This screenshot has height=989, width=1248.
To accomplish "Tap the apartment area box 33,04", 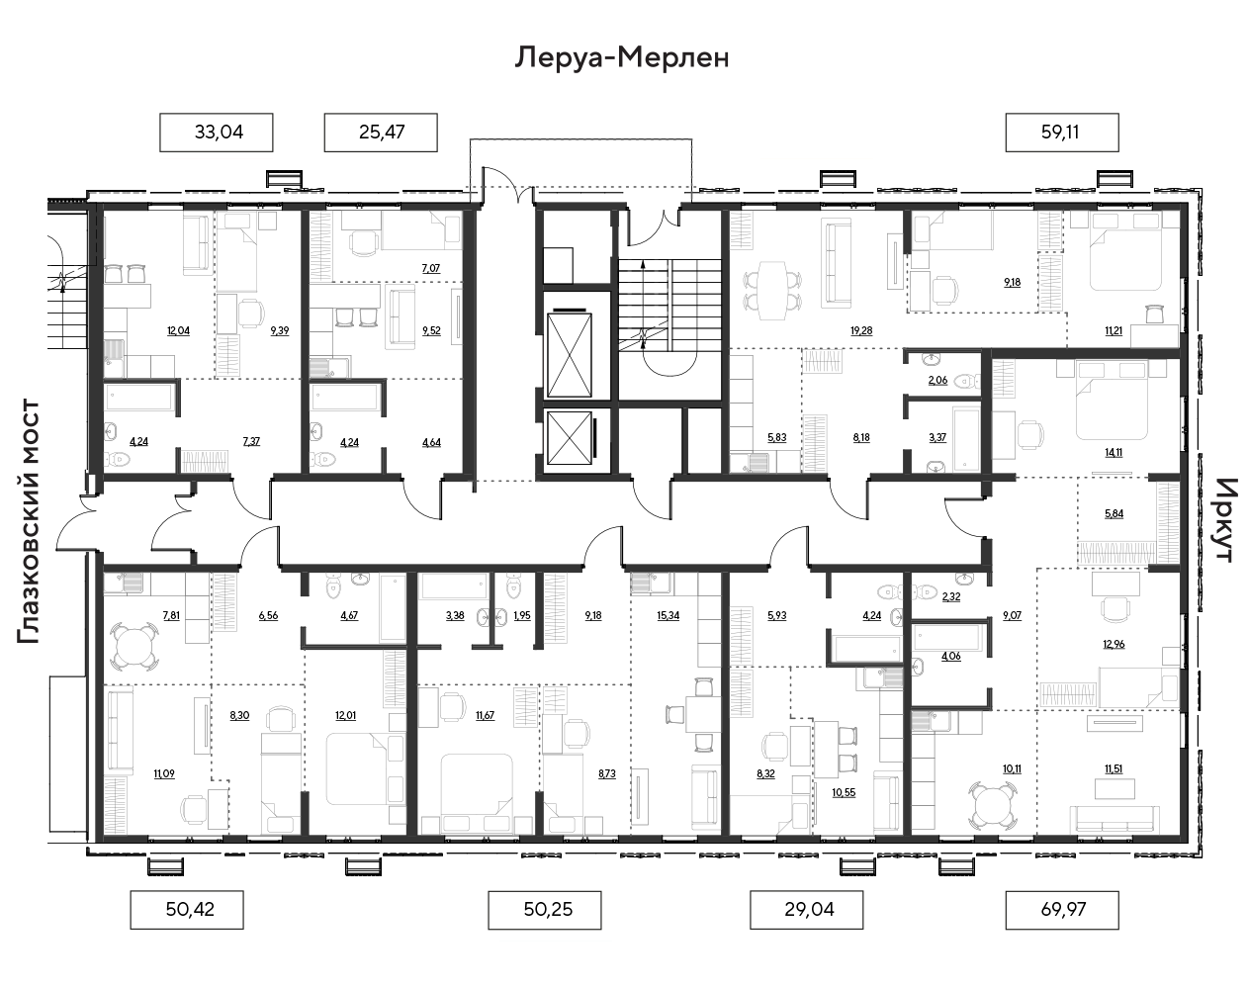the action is (217, 133).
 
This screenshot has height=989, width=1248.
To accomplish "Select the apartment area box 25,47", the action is (381, 133).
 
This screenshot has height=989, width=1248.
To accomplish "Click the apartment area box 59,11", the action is (1062, 133).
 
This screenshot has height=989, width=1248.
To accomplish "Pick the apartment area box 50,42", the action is (187, 910).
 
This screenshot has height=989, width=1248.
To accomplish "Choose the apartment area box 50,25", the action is (545, 910).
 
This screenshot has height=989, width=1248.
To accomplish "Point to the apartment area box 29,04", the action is (806, 910).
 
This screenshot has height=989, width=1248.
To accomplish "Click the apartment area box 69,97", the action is (1062, 910).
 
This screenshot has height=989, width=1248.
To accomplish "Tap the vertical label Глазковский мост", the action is (29, 521).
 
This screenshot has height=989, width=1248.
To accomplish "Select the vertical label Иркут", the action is (1225, 520).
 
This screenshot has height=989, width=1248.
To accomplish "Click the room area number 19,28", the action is (861, 331).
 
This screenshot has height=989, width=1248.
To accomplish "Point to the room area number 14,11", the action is (1113, 453).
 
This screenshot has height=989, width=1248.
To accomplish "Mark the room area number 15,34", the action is (669, 616).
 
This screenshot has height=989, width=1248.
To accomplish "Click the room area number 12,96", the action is (1114, 644).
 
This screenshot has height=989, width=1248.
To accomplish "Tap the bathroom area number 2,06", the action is (937, 381).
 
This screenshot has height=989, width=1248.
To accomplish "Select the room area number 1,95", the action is (522, 616).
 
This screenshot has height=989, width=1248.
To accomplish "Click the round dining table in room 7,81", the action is (134, 644).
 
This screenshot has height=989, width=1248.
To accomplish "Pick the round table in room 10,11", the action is (993, 805).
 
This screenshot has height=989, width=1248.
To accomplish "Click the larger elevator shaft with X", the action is (569, 355).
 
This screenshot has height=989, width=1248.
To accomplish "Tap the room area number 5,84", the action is (1114, 514).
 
